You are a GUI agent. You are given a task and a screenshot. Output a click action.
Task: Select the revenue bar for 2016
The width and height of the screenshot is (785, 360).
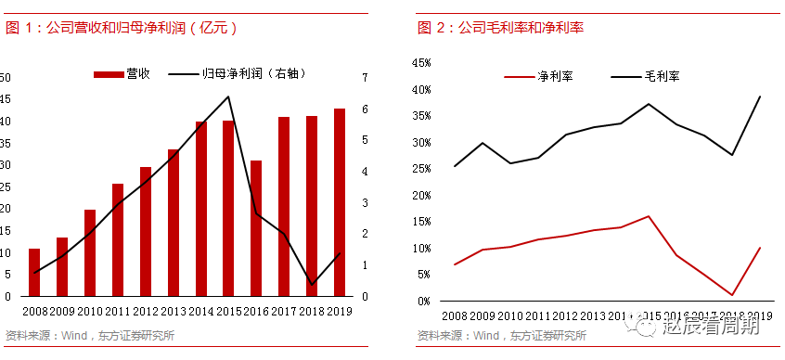[x=256, y=228]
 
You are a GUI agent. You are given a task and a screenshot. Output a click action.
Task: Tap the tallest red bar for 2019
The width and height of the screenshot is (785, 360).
[x=339, y=202]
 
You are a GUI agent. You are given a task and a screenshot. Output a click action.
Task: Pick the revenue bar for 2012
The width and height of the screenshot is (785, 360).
[x=146, y=232]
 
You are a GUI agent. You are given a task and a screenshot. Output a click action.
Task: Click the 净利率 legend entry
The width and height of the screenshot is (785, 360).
[x=538, y=78]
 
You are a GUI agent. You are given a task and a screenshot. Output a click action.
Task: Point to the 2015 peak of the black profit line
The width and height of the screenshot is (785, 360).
[x=228, y=96]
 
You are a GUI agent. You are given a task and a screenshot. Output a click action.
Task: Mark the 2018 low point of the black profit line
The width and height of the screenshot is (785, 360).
[x=312, y=283]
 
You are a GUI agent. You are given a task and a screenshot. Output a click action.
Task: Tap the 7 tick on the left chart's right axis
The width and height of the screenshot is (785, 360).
[x=366, y=78]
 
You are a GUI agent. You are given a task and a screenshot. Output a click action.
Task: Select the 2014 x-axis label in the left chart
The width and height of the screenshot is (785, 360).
[x=201, y=312]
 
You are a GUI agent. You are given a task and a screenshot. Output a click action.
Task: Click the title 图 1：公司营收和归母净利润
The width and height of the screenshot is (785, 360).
[x=122, y=28]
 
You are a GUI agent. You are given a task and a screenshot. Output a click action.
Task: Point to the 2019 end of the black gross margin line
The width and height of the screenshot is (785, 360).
[x=761, y=96]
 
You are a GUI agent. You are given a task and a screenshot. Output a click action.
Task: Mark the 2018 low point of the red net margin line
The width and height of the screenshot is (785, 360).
[x=733, y=295]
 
